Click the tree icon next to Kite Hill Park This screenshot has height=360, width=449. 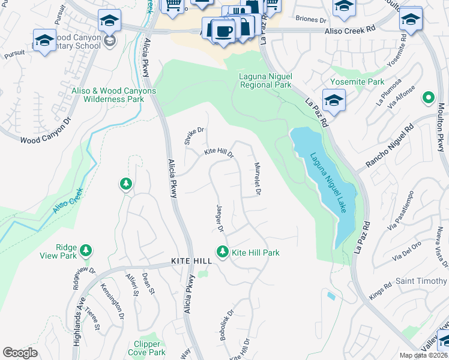pyautogui.click(x=223, y=252)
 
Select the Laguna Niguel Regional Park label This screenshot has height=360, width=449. pyautogui.click(x=265, y=80)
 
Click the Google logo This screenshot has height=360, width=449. pyautogui.click(x=20, y=353)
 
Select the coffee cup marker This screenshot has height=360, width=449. pyautogui.click(x=223, y=31)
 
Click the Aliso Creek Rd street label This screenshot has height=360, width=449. pyautogui.click(x=350, y=30)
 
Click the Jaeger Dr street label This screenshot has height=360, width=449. pyautogui.click(x=220, y=218)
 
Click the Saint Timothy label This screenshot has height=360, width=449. pyautogui.click(x=421, y=281)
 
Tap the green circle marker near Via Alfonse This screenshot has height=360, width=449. pyautogui.click(x=428, y=97)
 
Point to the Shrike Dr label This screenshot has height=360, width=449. pyautogui.click(x=194, y=136)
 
